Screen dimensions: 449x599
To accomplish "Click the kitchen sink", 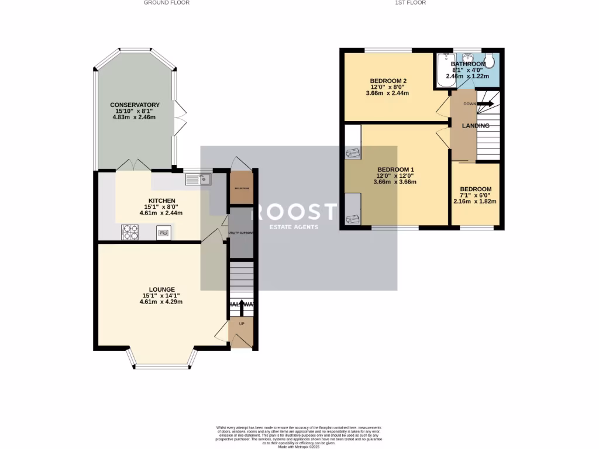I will point(198,179).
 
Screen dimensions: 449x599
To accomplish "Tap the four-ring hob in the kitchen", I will point(130,232).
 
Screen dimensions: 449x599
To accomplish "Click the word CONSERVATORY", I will point(135,105).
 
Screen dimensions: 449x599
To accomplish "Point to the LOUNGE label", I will point(161,289).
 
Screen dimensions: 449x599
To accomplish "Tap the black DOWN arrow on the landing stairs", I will point(485,104).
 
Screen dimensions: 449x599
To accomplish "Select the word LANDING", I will point(476,126).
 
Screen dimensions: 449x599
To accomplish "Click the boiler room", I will point(241,188).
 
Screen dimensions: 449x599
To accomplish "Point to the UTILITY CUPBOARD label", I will point(241,233).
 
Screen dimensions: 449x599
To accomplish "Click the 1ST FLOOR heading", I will point(410,3).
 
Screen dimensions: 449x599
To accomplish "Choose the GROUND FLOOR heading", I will point(167,3).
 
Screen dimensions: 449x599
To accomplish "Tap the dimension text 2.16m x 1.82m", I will point(474,202).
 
